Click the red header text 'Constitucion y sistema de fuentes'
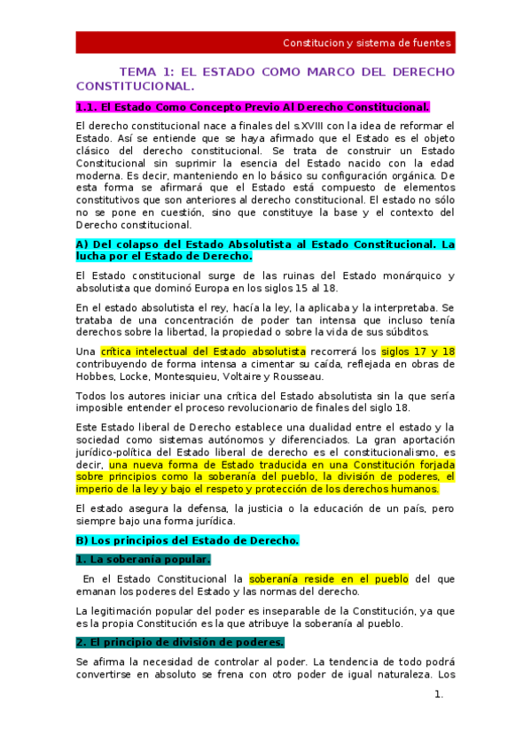(366, 43)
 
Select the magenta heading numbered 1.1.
(253, 107)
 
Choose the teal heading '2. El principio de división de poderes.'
(180, 642)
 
